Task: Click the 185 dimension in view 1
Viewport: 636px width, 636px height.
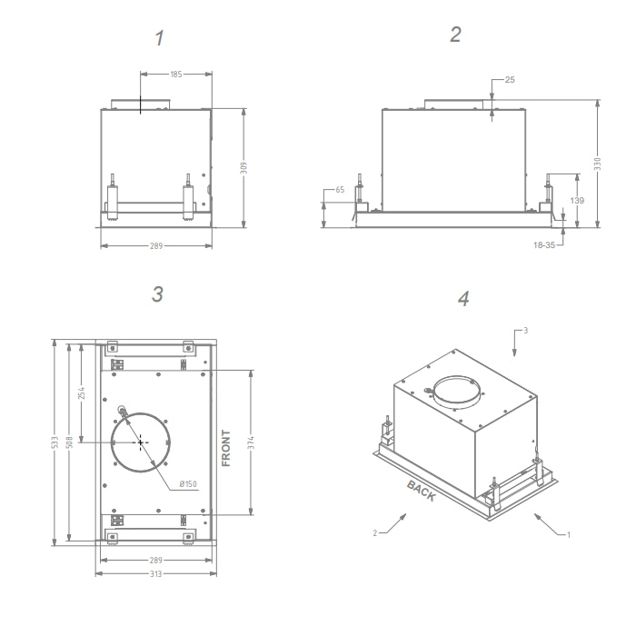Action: coord(176,75)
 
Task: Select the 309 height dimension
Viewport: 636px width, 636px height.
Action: coord(243,167)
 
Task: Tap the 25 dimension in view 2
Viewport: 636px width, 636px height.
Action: coord(510,80)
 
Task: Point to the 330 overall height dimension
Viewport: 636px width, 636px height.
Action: coord(597,164)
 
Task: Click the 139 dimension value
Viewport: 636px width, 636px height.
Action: coord(577,201)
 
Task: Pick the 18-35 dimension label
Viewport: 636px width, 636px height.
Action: coord(544,245)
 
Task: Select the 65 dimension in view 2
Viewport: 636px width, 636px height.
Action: coord(340,189)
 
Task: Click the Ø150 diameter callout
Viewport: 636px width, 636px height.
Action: coord(188,484)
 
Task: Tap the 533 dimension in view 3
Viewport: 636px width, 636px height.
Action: coord(55,442)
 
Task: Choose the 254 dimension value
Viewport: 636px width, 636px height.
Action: coord(82,393)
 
